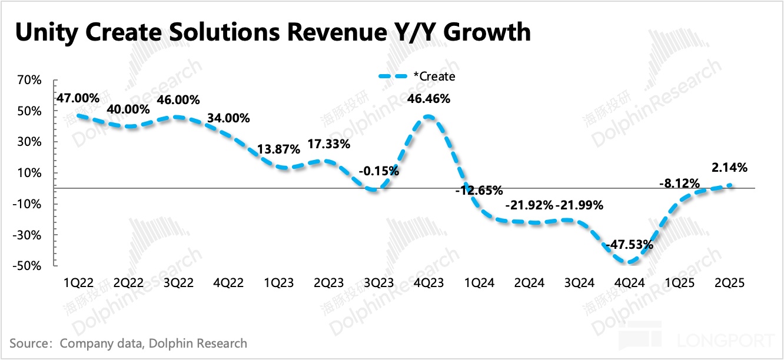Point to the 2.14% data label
pyautogui.click(x=729, y=168)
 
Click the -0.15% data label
pyautogui.click(x=378, y=172)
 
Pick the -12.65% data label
pyautogui.click(x=479, y=190)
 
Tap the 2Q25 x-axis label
pyautogui.click(x=730, y=283)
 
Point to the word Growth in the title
pyautogui.click(x=487, y=33)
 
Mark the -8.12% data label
pyautogui.click(x=679, y=183)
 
